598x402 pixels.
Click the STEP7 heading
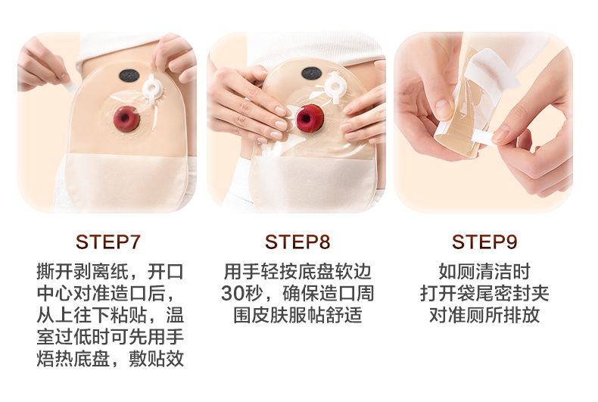point(108,242)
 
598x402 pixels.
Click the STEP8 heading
point(297,242)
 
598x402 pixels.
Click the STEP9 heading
point(484,242)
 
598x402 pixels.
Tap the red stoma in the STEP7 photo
point(126,119)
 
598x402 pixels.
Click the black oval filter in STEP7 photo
point(129,76)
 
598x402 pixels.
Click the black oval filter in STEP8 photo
point(312,73)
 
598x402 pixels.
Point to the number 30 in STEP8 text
point(232,293)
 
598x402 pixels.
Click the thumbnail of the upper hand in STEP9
point(443,109)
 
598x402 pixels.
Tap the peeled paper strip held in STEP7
point(70,86)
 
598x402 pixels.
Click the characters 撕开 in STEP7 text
point(55,272)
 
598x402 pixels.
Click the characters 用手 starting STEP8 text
point(241,272)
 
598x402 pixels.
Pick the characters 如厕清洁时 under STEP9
point(484,272)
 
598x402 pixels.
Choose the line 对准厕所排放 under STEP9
point(484,315)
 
